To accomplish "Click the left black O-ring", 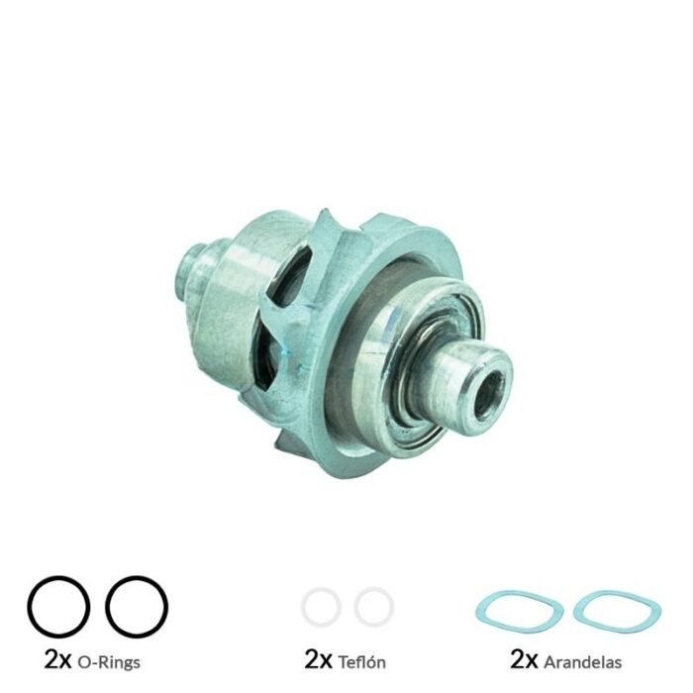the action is [29, 606].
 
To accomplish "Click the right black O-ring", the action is [108, 606].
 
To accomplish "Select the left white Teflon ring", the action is [303, 606].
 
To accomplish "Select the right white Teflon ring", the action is [356, 606].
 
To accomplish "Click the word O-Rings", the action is [109, 662].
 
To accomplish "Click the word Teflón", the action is [362, 662].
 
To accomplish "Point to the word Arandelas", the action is [583, 661].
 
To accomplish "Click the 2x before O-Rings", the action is [57, 659].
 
